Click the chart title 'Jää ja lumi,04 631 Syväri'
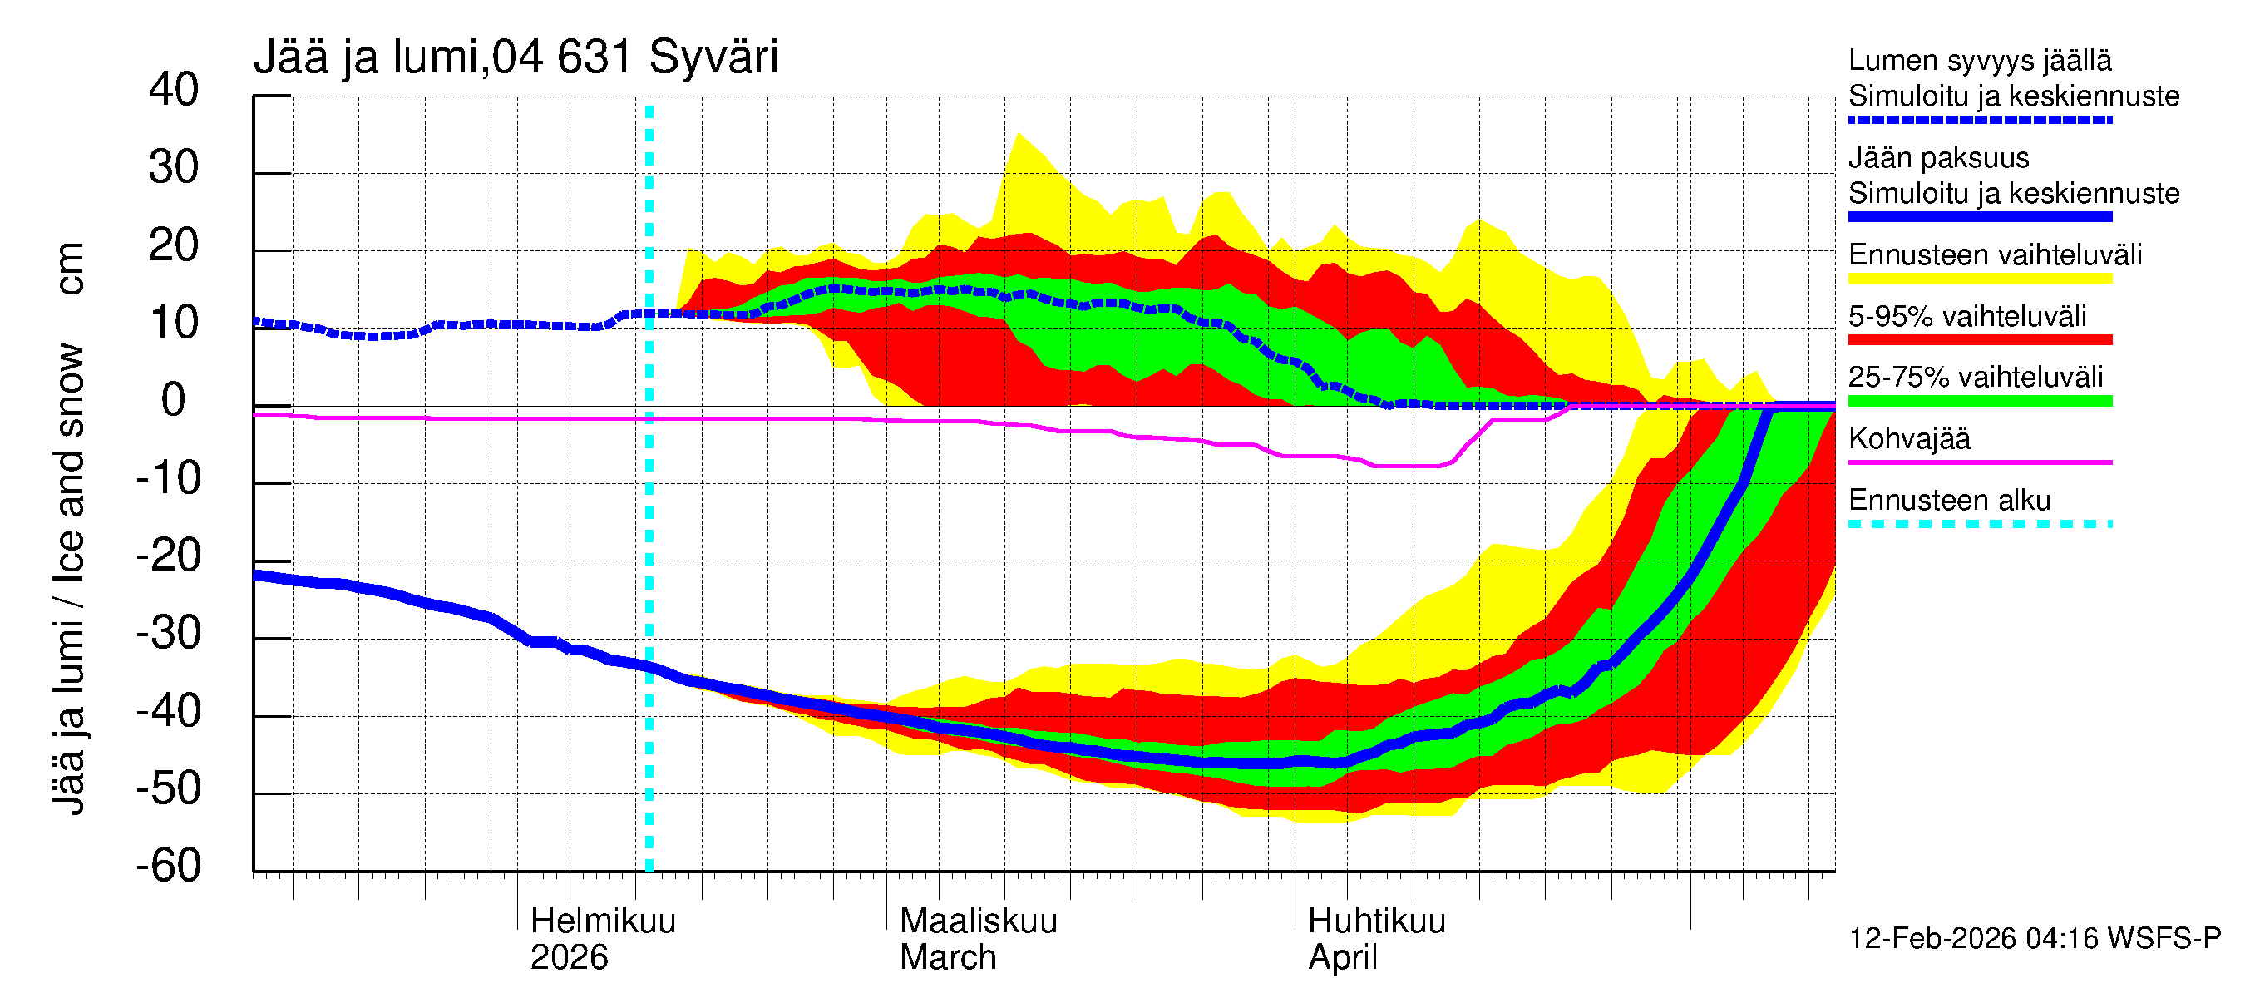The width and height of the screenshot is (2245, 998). click(515, 57)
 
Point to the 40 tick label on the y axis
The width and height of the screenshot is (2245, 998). click(174, 90)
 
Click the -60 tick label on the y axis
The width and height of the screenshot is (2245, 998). click(168, 866)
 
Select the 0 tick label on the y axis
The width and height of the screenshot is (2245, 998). click(174, 400)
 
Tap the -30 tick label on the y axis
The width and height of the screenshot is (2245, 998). click(168, 633)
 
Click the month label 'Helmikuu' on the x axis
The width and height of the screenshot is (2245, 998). click(602, 921)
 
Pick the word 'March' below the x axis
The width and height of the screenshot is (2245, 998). click(947, 957)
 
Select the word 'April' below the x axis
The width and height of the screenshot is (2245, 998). click(1342, 957)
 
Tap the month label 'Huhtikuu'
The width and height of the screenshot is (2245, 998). click(1376, 921)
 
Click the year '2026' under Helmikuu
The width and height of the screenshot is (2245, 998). click(568, 957)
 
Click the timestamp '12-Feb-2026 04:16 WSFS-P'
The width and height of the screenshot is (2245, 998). click(2034, 938)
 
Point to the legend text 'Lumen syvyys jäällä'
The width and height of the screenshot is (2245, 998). click(1979, 60)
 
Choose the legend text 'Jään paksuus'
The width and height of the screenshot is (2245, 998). click(1938, 158)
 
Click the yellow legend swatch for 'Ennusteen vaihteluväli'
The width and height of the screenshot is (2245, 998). click(1979, 278)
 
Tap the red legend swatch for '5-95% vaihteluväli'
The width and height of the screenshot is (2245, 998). click(1979, 339)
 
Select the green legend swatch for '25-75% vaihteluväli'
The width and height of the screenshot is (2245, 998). click(1979, 401)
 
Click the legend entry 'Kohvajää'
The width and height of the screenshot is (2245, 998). click(1908, 438)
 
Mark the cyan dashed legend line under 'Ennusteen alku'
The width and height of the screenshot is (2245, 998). click(1979, 524)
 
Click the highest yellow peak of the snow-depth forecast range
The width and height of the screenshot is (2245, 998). click(1018, 133)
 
